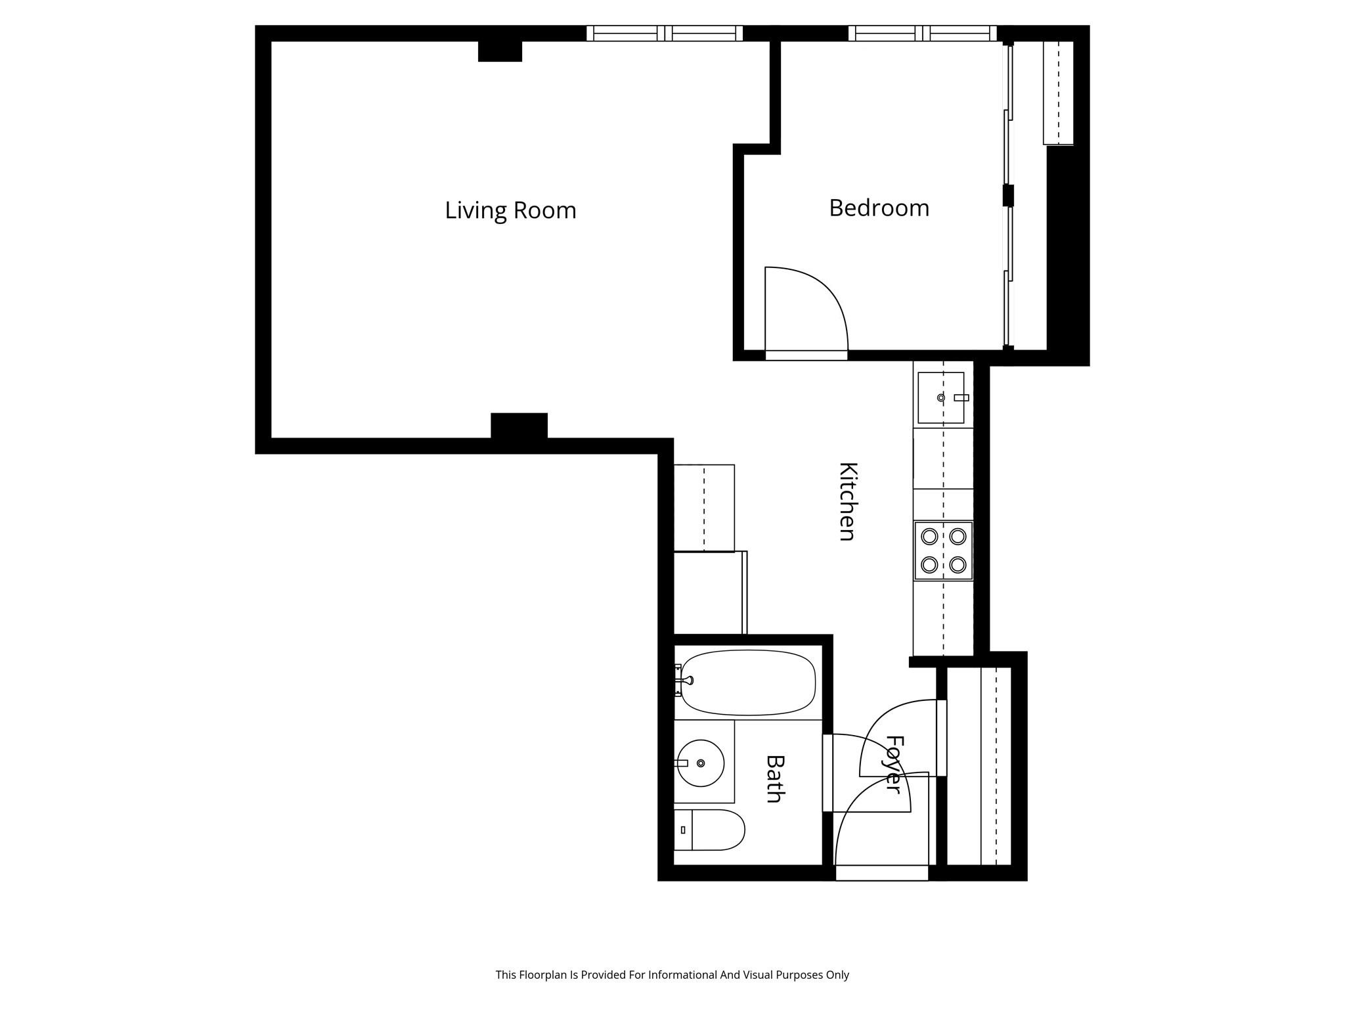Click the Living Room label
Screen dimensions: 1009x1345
tap(510, 211)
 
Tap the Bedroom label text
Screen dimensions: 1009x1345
tap(879, 208)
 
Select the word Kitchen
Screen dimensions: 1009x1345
tap(848, 501)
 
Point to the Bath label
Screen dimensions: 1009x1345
tap(776, 778)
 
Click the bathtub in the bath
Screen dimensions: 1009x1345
tap(749, 683)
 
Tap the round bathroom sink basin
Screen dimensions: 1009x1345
tap(701, 763)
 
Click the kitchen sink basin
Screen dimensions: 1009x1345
tap(940, 397)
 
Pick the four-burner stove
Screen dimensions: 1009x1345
tap(943, 550)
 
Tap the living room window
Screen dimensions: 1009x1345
tap(664, 33)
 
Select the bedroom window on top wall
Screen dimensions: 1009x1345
tap(922, 33)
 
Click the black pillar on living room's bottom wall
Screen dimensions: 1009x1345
tap(519, 425)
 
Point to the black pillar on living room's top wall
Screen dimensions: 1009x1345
tap(500, 51)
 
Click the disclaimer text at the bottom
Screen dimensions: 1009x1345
tap(672, 975)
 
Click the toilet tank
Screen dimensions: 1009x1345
tap(682, 830)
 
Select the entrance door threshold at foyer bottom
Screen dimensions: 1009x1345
tap(881, 873)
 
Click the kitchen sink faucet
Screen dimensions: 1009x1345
tap(961, 397)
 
